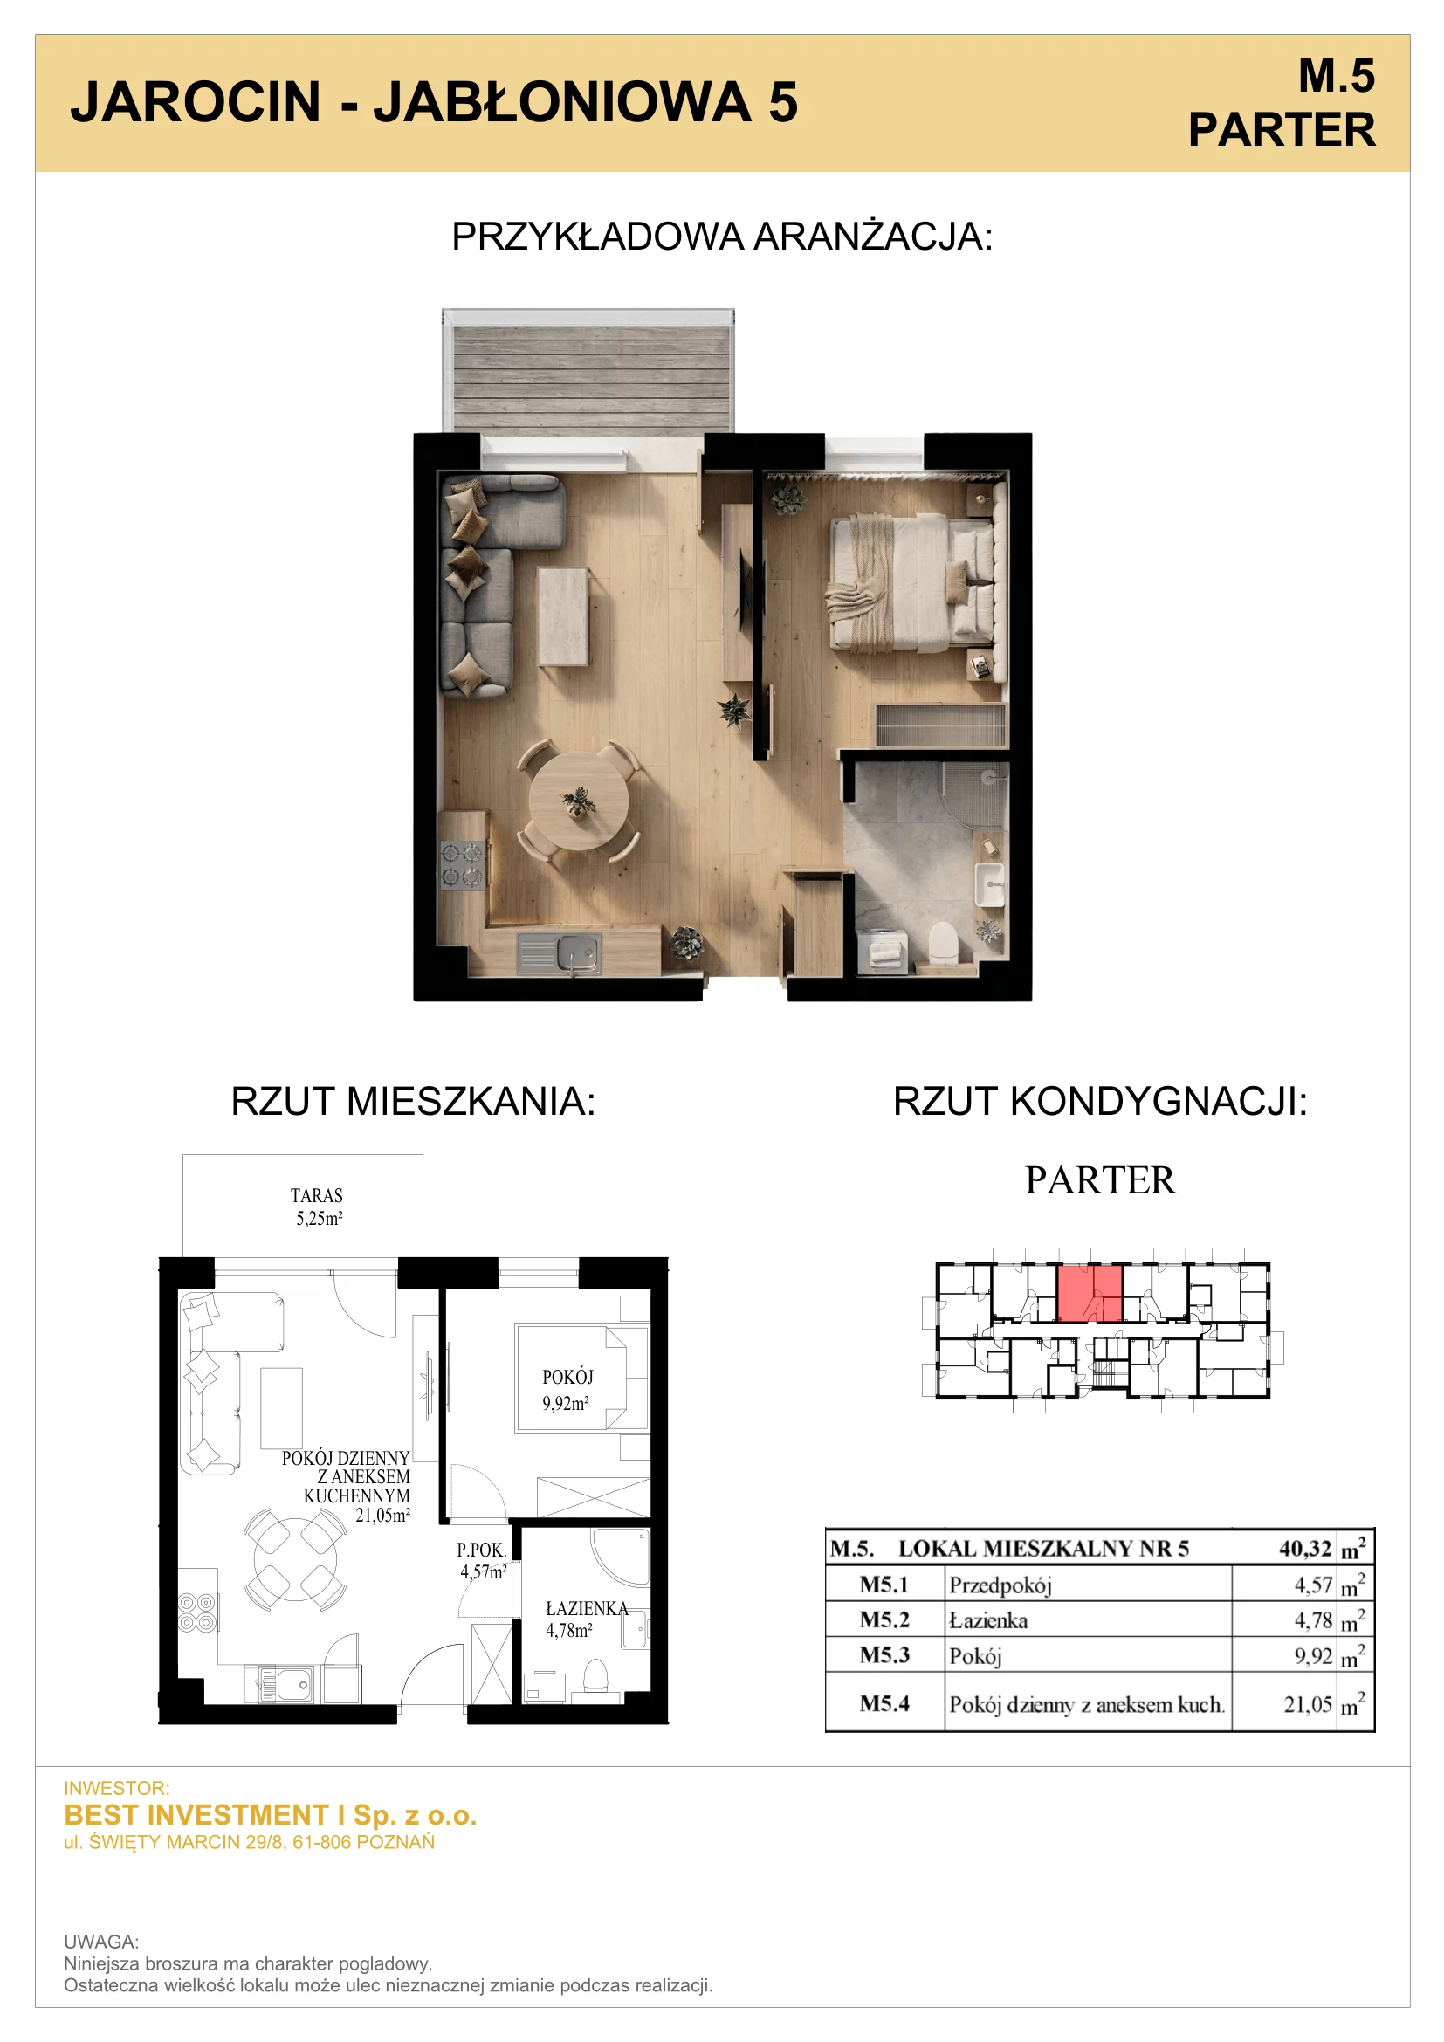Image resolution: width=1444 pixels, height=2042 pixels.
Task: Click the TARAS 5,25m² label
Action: (318, 1207)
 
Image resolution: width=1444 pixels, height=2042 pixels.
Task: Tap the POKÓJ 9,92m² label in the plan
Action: (567, 1390)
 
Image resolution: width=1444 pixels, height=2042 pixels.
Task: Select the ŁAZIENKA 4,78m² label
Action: (586, 1619)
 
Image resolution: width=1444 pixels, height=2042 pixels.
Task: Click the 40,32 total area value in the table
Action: (1304, 1550)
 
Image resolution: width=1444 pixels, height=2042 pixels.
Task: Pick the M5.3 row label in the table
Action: (884, 1655)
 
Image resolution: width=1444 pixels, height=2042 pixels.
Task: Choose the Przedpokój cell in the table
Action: (1000, 1585)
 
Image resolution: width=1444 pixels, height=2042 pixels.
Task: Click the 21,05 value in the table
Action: (1307, 1704)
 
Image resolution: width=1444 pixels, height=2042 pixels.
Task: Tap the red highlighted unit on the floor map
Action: (1090, 1292)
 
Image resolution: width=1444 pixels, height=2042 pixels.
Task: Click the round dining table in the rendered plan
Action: (578, 801)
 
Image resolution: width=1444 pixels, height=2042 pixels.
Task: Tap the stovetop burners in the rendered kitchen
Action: (464, 864)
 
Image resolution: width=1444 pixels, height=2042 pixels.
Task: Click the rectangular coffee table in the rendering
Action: (563, 616)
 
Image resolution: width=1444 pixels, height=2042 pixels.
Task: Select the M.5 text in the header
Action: (1337, 76)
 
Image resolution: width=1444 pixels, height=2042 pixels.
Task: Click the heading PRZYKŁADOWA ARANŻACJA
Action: (722, 237)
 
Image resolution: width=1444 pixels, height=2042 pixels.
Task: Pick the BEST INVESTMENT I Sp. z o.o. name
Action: (271, 1814)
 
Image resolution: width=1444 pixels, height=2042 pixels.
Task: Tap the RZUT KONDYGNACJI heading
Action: (1101, 1101)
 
